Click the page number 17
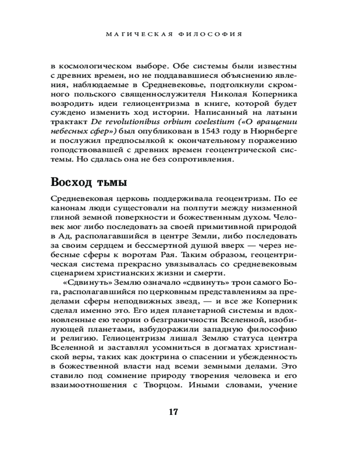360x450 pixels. point(174,412)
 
